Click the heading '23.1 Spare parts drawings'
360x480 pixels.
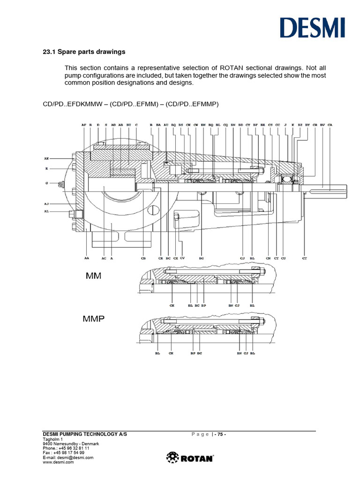coord(84,52)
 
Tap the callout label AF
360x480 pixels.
coord(84,125)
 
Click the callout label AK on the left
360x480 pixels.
coord(46,158)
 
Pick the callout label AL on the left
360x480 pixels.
coord(46,212)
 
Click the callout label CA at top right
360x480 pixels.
coord(330,125)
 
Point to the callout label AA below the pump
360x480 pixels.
coord(87,258)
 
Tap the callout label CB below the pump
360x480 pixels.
coord(143,258)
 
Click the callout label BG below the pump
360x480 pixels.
coord(202,258)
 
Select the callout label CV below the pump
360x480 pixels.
coord(183,258)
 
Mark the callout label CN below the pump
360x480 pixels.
coord(268,258)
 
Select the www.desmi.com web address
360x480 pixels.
coord(59,462)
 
